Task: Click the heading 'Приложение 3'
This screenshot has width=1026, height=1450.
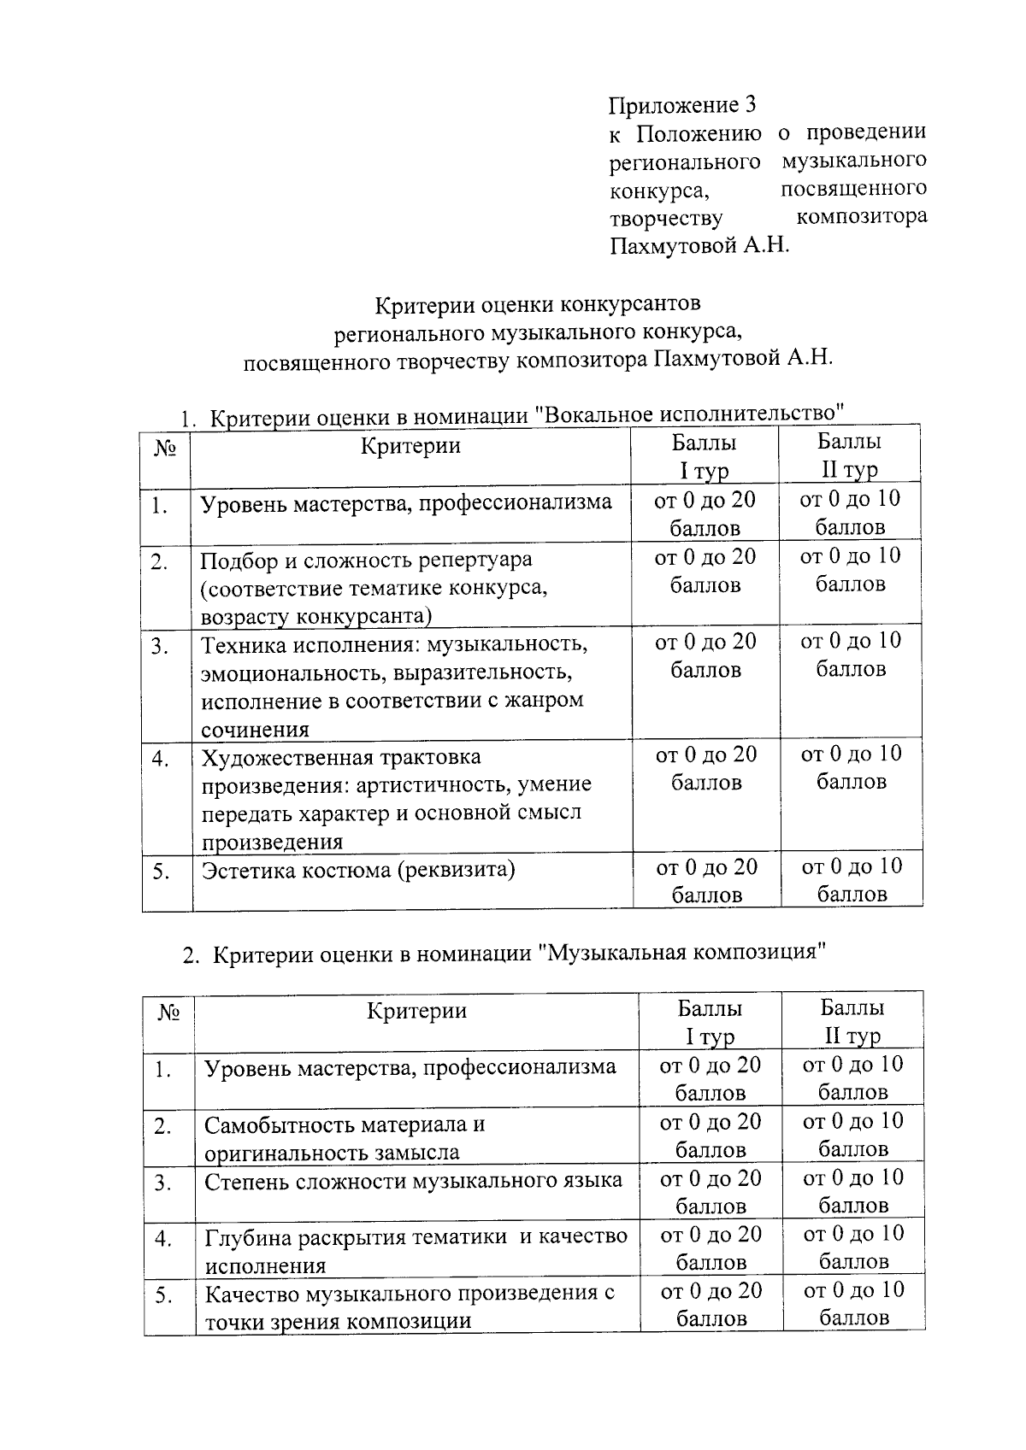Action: tap(682, 105)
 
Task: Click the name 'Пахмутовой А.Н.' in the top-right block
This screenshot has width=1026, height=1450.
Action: tap(699, 246)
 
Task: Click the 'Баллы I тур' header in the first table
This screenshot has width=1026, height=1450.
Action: tap(705, 455)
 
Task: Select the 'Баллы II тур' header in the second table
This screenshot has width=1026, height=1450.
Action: tap(852, 1021)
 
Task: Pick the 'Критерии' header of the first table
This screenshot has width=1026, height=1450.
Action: tap(410, 445)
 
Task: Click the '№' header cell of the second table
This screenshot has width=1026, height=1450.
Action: tap(169, 1013)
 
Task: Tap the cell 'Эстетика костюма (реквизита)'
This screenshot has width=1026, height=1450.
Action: tap(358, 870)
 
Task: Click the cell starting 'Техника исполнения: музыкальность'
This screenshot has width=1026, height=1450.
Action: tap(393, 685)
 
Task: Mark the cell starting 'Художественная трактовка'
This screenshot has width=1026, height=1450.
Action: tap(396, 798)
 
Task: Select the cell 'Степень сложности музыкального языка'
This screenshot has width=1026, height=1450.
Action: tap(413, 1180)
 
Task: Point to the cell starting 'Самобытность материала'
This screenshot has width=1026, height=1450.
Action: tap(345, 1137)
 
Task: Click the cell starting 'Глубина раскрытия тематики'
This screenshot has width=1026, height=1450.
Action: tap(416, 1249)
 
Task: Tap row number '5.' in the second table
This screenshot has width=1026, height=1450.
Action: tap(164, 1295)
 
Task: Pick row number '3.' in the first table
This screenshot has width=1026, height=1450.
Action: tap(160, 646)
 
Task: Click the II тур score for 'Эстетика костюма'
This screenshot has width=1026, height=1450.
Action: tap(852, 879)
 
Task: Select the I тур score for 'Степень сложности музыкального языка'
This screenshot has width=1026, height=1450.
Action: tap(711, 1191)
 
